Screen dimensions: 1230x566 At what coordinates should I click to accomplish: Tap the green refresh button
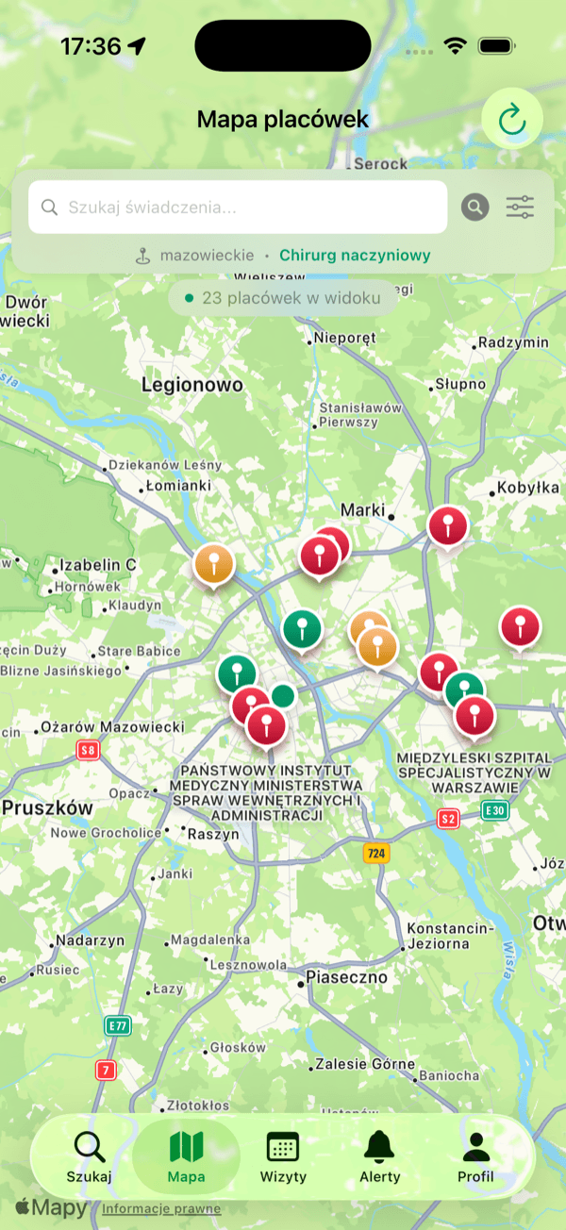click(x=512, y=119)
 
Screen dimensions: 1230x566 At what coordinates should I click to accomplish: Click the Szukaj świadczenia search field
click(x=238, y=208)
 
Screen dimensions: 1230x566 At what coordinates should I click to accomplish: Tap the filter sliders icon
click(x=520, y=208)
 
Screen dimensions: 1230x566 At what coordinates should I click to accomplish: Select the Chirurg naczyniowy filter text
click(x=355, y=255)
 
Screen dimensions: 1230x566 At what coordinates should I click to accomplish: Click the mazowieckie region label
click(x=207, y=255)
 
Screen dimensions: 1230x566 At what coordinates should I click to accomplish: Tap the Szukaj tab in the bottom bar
click(x=90, y=1156)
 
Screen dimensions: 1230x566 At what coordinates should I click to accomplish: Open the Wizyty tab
click(x=283, y=1156)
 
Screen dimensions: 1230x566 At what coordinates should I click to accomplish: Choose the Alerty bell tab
click(x=380, y=1156)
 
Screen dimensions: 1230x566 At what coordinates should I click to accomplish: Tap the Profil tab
click(x=475, y=1156)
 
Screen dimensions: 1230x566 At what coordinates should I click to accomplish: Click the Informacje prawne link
click(x=161, y=1209)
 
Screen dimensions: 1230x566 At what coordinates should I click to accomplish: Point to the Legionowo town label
click(x=192, y=385)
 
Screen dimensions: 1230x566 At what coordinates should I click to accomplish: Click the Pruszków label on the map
click(x=47, y=808)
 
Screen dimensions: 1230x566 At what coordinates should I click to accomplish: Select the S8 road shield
click(x=89, y=751)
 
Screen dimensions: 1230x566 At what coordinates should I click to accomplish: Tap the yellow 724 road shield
click(x=376, y=854)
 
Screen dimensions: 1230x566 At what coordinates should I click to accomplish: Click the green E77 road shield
click(x=117, y=1025)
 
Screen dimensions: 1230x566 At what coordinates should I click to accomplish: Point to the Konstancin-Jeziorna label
click(x=450, y=936)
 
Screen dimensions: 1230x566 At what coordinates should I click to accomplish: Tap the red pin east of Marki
click(x=448, y=526)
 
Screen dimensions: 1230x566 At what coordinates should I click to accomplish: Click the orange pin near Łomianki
click(x=214, y=565)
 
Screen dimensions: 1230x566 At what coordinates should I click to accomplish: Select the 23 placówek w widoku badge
click(x=283, y=298)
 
